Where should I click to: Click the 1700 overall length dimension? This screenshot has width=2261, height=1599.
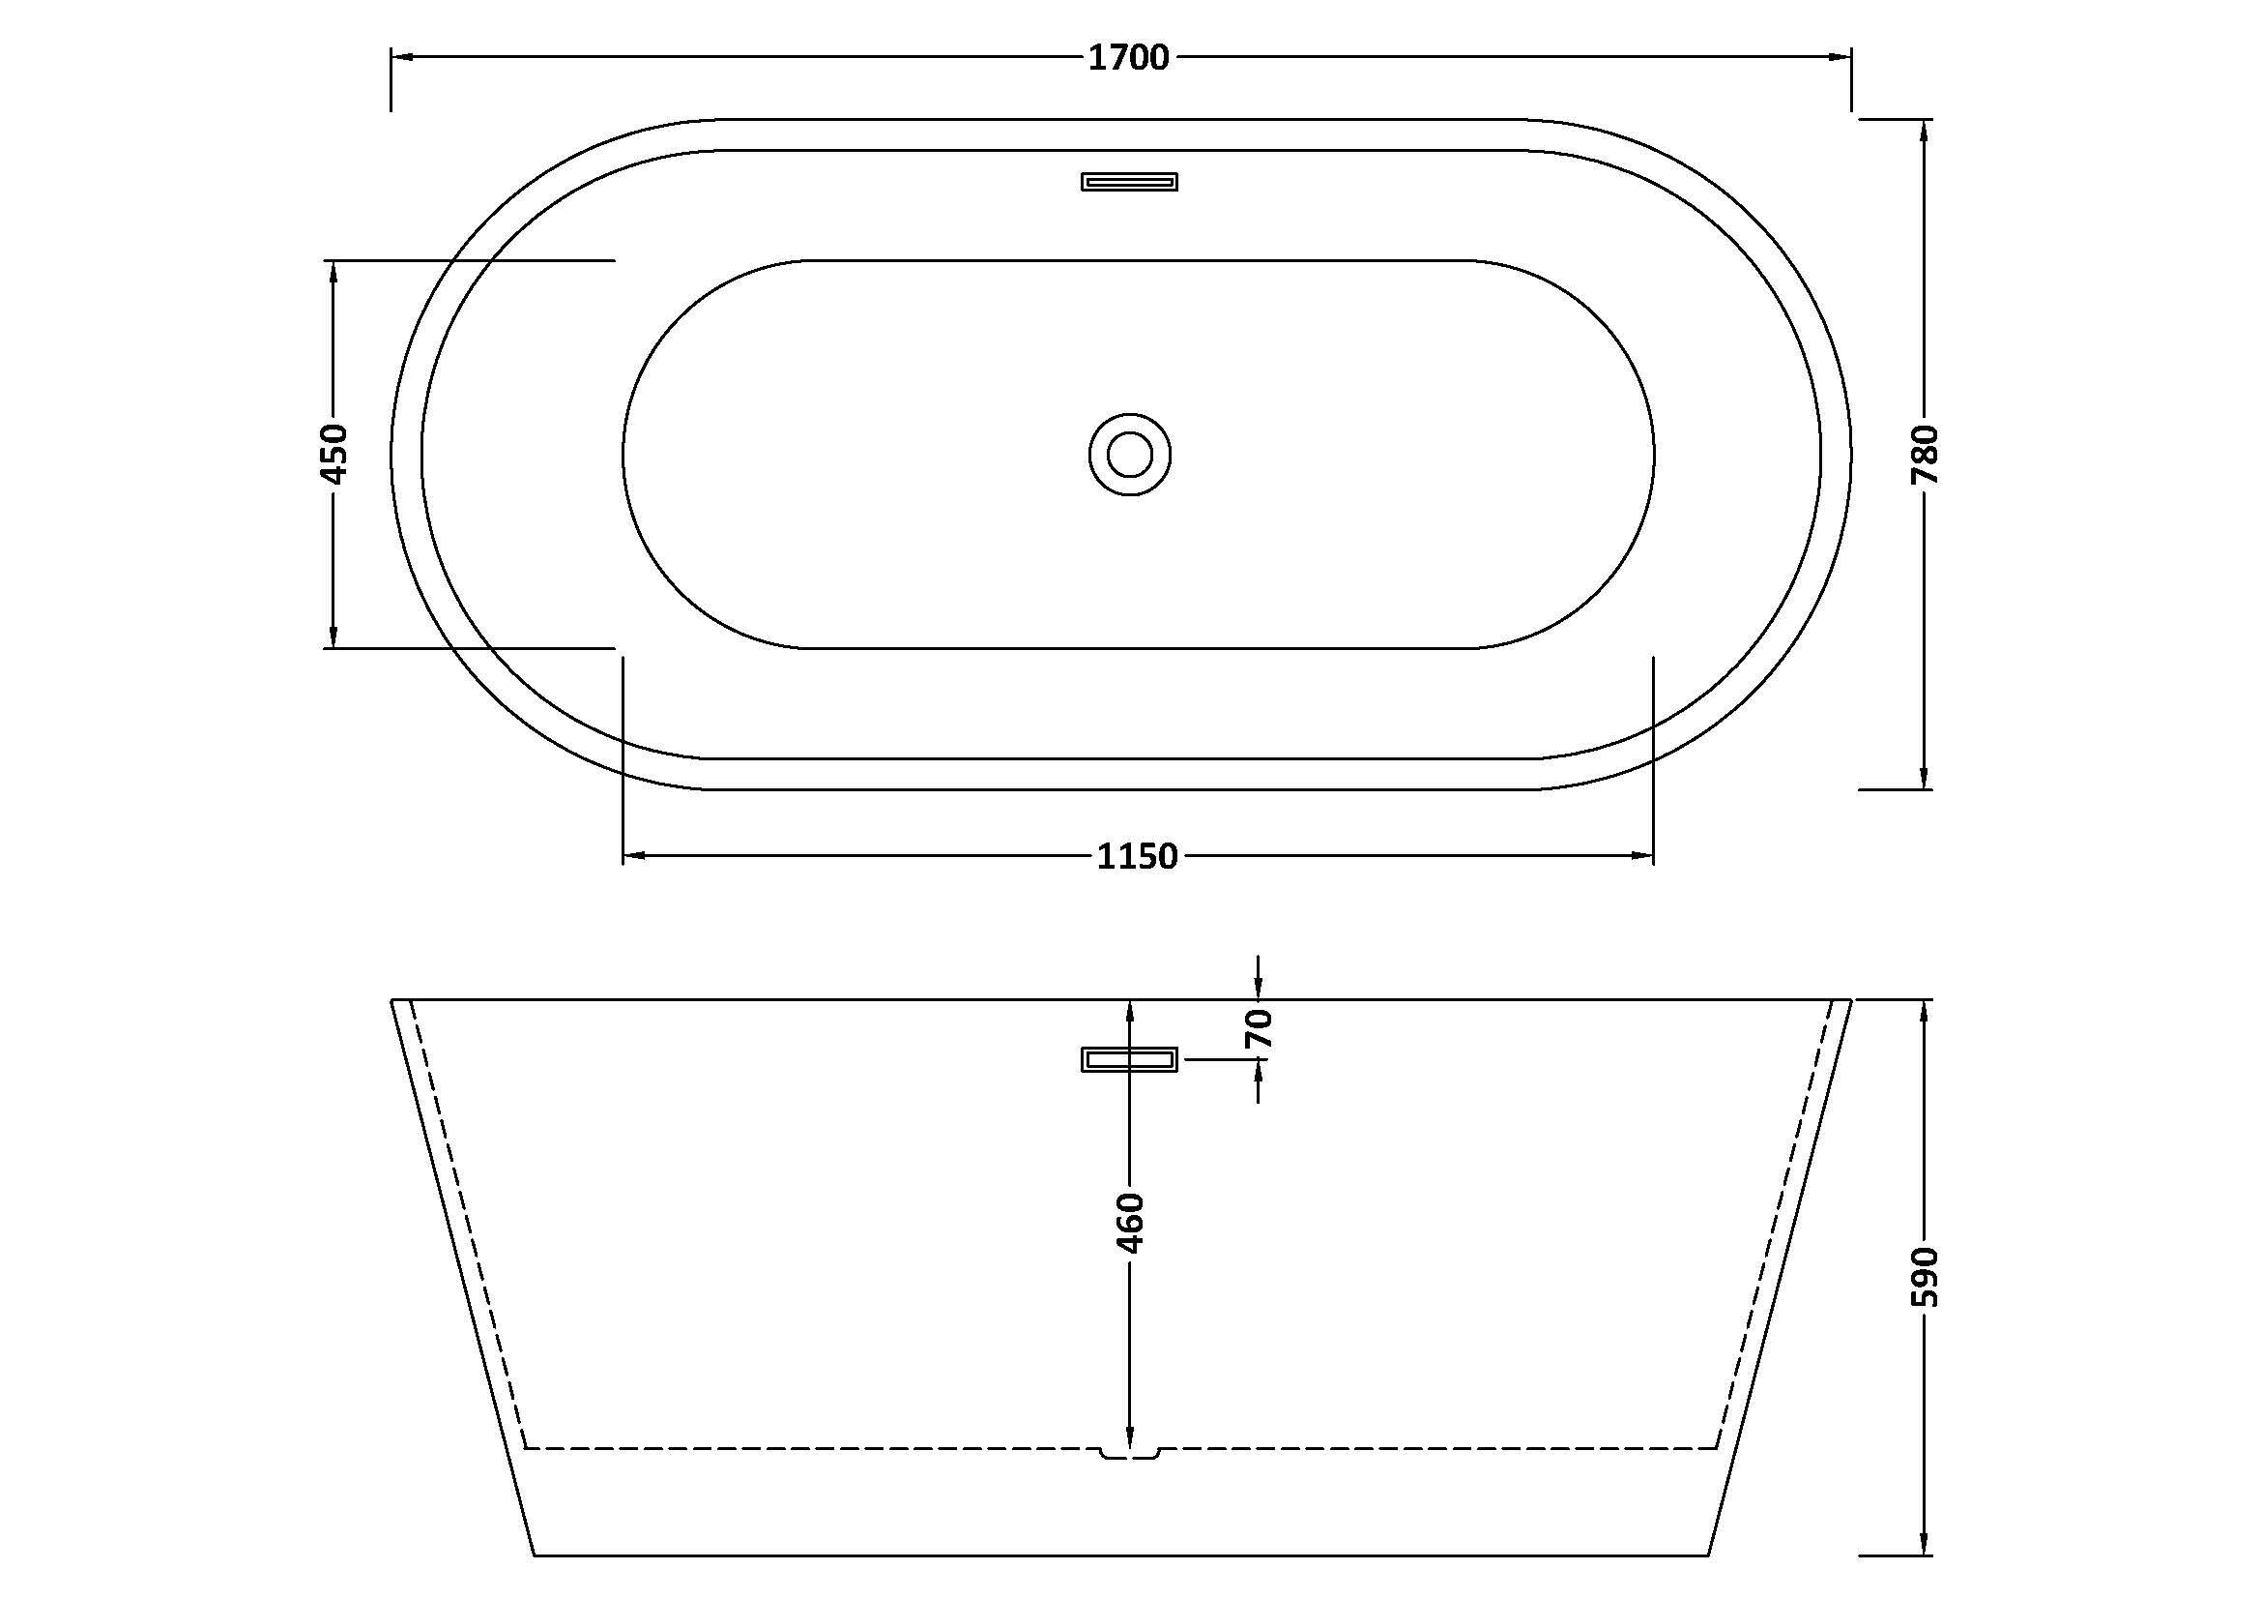pyautogui.click(x=1128, y=58)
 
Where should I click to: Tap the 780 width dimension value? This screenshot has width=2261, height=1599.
pyautogui.click(x=1925, y=455)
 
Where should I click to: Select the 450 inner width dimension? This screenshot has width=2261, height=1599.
pyautogui.click(x=334, y=455)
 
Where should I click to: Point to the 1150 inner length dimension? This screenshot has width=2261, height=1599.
pyautogui.click(x=1138, y=856)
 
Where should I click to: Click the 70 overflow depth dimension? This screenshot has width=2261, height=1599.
pyautogui.click(x=1259, y=1029)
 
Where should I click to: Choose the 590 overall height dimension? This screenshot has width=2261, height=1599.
pyautogui.click(x=1925, y=1277)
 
